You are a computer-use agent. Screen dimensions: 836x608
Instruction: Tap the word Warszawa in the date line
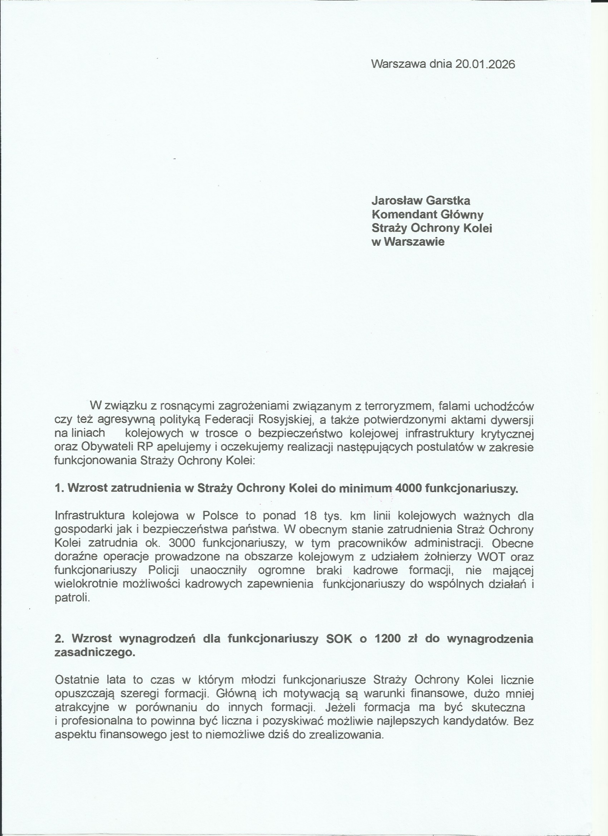point(399,64)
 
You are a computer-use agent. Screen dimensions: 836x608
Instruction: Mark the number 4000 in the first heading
point(408,488)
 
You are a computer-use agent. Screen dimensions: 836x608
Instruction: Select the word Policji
point(164,570)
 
